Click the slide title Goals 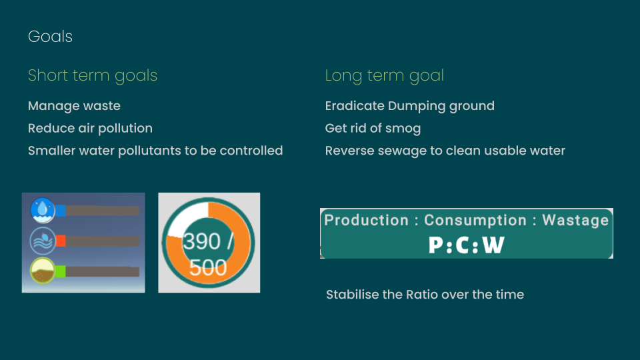pyautogui.click(x=50, y=37)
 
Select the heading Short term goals pyautogui.click(x=93, y=76)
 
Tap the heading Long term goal pyautogui.click(x=385, y=76)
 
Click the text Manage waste pyautogui.click(x=74, y=106)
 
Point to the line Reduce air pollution pyautogui.click(x=90, y=128)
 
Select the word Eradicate pyautogui.click(x=355, y=106)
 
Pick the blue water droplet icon pyautogui.click(x=43, y=210)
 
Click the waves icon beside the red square pyautogui.click(x=43, y=241)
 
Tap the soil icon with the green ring pyautogui.click(x=43, y=271)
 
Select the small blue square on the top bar pyautogui.click(x=61, y=211)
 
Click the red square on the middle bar pyautogui.click(x=61, y=241)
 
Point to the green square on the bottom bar pyautogui.click(x=61, y=271)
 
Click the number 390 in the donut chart pyautogui.click(x=201, y=241)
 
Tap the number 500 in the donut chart pyautogui.click(x=208, y=268)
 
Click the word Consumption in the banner pyautogui.click(x=475, y=221)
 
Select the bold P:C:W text pyautogui.click(x=467, y=245)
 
